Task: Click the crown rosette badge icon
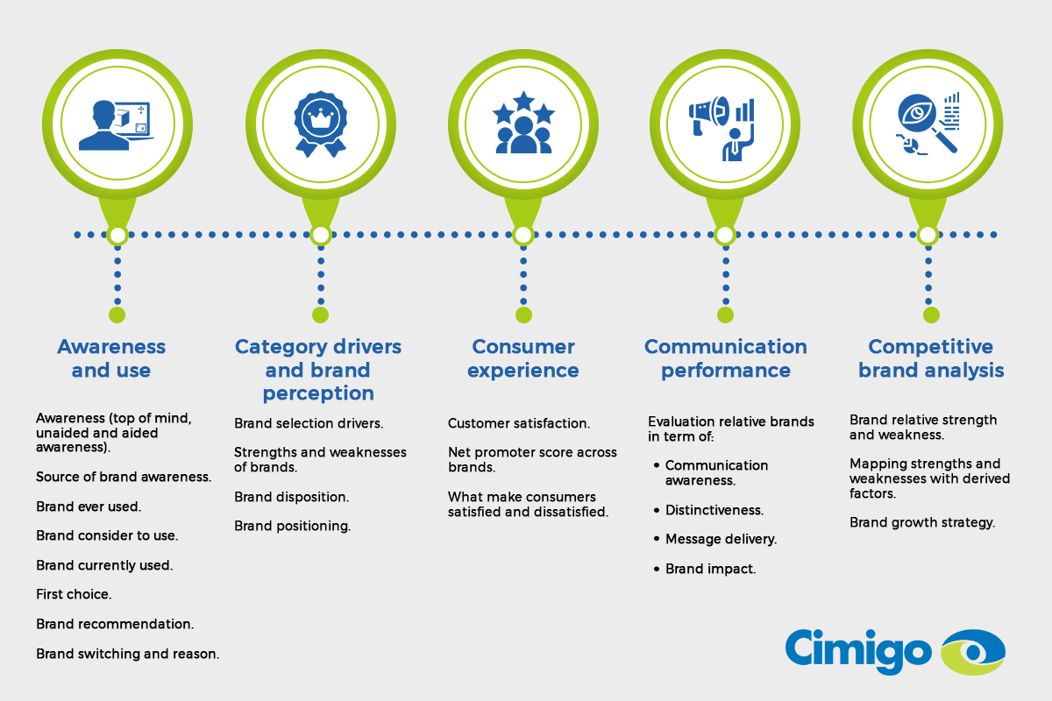point(321,124)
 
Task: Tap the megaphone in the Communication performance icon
point(708,114)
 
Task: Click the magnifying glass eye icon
point(928,124)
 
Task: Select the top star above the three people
point(523,101)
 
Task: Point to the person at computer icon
point(116,125)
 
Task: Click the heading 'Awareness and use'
point(111,358)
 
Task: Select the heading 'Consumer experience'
point(523,358)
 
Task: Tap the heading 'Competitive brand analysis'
point(931,358)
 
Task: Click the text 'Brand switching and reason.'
point(128,654)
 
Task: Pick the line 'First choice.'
point(74,594)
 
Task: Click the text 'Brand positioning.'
point(293,526)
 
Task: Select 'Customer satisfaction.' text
point(519,423)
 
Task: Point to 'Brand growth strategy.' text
point(922,522)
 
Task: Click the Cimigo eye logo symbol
point(973,652)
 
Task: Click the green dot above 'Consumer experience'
point(523,315)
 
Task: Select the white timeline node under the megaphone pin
point(725,235)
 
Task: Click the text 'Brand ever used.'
point(89,506)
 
